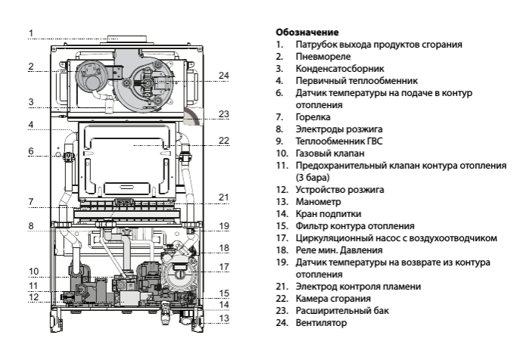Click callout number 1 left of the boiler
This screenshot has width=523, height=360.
(31, 33)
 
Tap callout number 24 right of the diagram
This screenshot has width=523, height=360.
(223, 76)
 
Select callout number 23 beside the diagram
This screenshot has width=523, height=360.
(223, 114)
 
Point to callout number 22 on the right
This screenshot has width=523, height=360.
(223, 140)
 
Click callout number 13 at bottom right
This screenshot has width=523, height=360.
(223, 318)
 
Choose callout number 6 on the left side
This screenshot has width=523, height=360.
(31, 151)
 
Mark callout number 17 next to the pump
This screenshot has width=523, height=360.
(223, 266)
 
